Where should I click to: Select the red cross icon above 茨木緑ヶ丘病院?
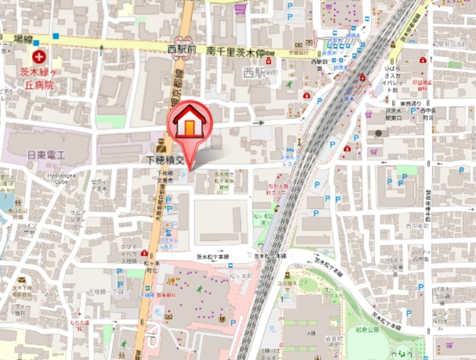[39, 57]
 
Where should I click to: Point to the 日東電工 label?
[46, 155]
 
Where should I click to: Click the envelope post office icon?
[22, 280]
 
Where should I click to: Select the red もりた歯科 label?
[79, 323]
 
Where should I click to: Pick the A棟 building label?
[311, 333]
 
